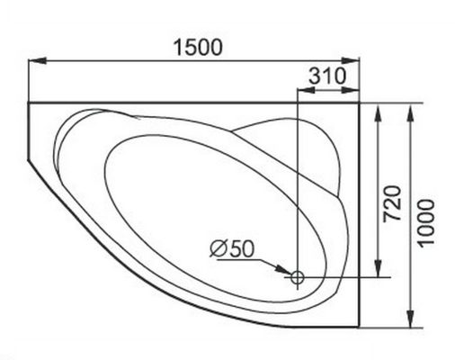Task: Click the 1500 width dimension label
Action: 198,48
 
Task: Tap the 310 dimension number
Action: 327,76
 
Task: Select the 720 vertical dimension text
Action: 393,203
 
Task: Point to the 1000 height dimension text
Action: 425,223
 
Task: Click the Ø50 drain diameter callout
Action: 232,248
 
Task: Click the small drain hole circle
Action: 298,277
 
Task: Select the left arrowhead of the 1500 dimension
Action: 37,60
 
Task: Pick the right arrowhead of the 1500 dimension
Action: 350,60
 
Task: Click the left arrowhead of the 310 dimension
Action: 306,90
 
